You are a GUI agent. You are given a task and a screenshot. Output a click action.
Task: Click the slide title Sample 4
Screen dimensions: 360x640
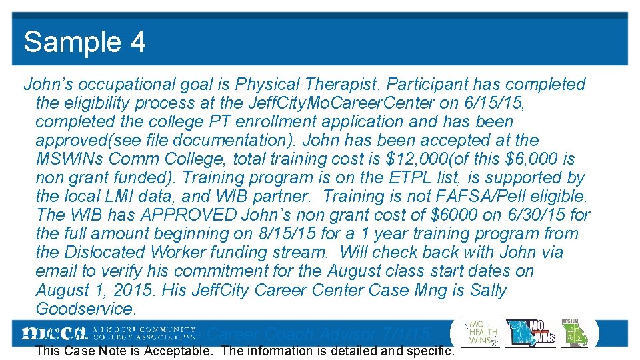point(85,42)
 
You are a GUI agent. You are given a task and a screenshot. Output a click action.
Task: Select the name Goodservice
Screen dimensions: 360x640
point(85,309)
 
